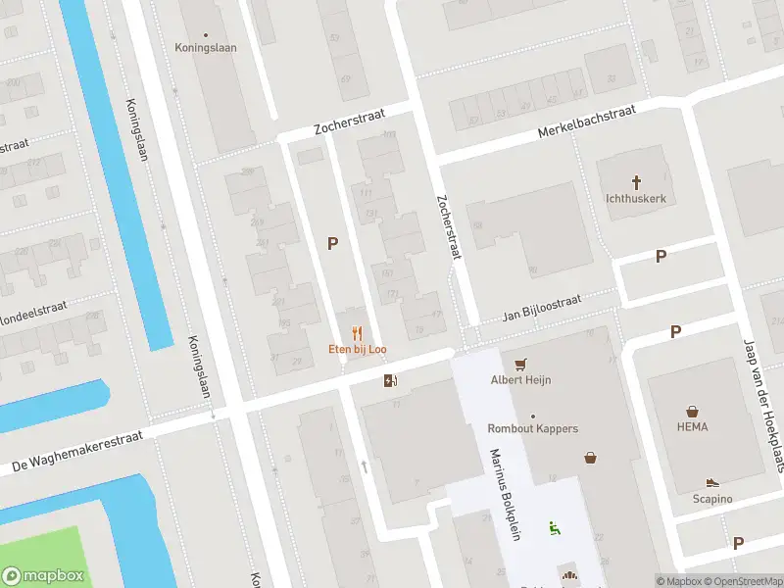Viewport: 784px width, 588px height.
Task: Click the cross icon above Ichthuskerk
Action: coord(636,181)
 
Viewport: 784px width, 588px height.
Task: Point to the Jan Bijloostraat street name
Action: coord(542,307)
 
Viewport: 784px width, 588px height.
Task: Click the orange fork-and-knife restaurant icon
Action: coord(356,333)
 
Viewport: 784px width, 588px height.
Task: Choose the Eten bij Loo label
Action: coord(356,350)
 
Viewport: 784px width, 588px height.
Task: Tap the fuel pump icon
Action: coord(390,380)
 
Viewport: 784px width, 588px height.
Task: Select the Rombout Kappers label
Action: coord(533,428)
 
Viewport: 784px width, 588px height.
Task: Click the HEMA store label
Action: coord(692,427)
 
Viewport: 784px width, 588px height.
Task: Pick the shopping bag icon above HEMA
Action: coord(692,411)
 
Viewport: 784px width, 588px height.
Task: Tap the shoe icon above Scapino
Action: coord(712,483)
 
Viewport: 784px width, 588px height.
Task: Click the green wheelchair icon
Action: coord(555,527)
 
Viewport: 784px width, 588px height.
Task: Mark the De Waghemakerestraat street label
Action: coord(77,449)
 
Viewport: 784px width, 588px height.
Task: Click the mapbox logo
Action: coord(42,576)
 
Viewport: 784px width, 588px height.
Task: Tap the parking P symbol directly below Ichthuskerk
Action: coord(661,256)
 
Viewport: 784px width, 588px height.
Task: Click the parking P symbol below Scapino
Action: coord(738,542)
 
